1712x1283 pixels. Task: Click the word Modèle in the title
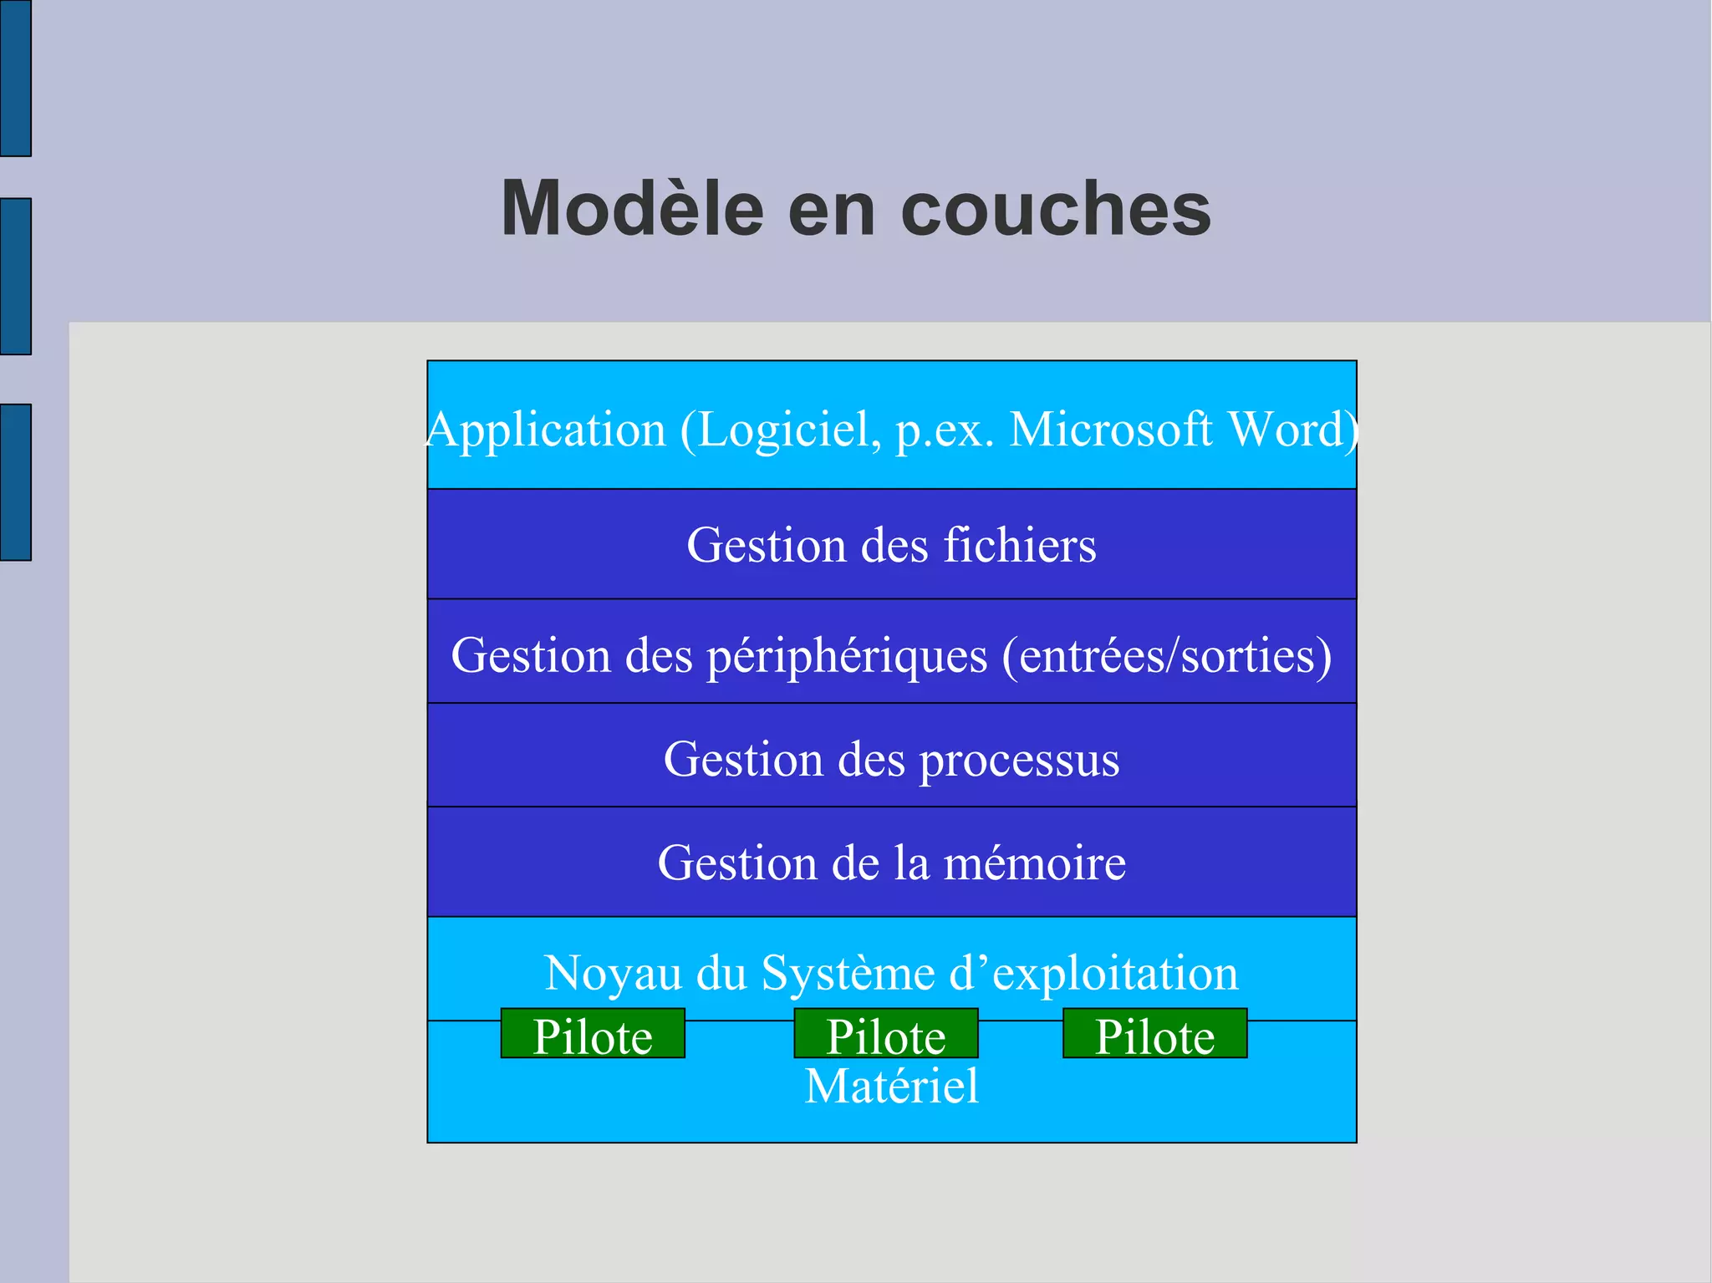click(632, 208)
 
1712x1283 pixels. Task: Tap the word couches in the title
click(1056, 208)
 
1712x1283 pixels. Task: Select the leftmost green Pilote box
click(593, 1034)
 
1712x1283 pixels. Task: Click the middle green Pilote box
click(886, 1034)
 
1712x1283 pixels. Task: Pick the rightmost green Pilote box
click(1154, 1034)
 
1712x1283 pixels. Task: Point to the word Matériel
click(891, 1086)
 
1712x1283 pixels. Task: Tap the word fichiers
click(1020, 545)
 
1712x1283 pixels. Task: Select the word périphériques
click(848, 656)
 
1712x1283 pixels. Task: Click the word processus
click(1020, 761)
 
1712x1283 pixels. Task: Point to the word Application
click(547, 430)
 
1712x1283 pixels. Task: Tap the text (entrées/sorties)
click(1166, 655)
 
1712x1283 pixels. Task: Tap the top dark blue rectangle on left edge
click(16, 78)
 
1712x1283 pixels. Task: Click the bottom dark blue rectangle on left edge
click(16, 482)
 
